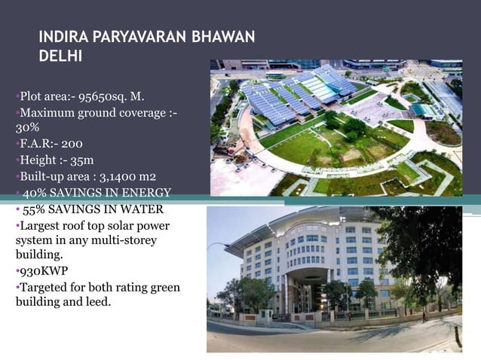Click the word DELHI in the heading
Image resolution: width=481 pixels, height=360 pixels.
pos(60,56)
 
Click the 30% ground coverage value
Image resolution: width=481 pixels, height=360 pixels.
pos(26,127)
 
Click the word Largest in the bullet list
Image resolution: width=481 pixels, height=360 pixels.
pos(38,225)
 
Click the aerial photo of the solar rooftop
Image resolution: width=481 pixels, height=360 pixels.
pos(335,127)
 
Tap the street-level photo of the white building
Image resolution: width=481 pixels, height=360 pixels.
pos(334,279)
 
